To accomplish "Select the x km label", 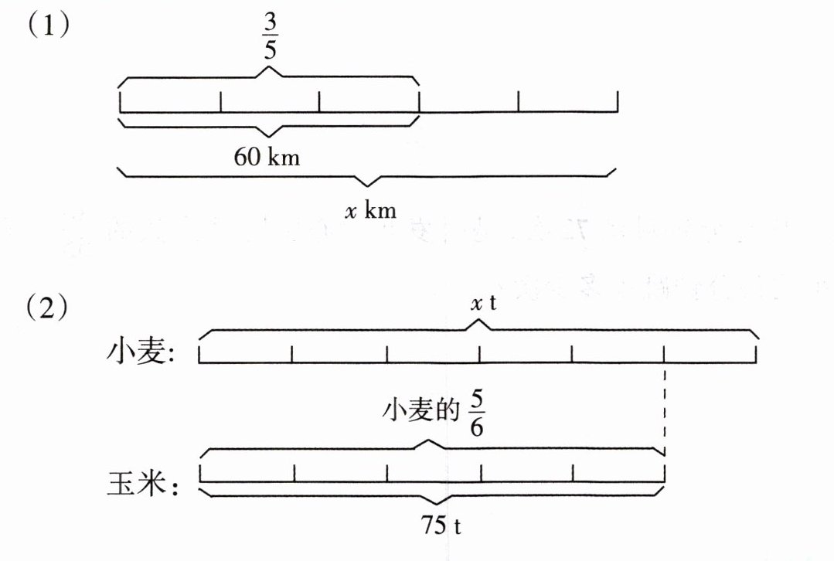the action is pyautogui.click(x=369, y=210).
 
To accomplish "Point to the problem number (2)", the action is pyautogui.click(x=49, y=309).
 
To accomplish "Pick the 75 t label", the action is pyautogui.click(x=441, y=527).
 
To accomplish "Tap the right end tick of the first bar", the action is pyautogui.click(x=618, y=101).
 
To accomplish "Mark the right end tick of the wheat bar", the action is pyautogui.click(x=757, y=354).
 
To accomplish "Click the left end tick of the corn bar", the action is pyautogui.click(x=200, y=471).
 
